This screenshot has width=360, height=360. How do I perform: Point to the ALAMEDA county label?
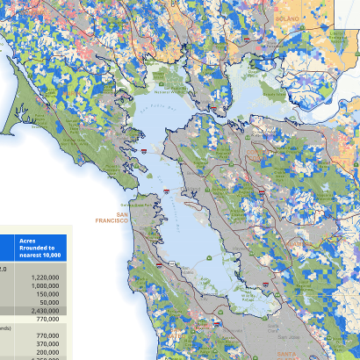(294, 241)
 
